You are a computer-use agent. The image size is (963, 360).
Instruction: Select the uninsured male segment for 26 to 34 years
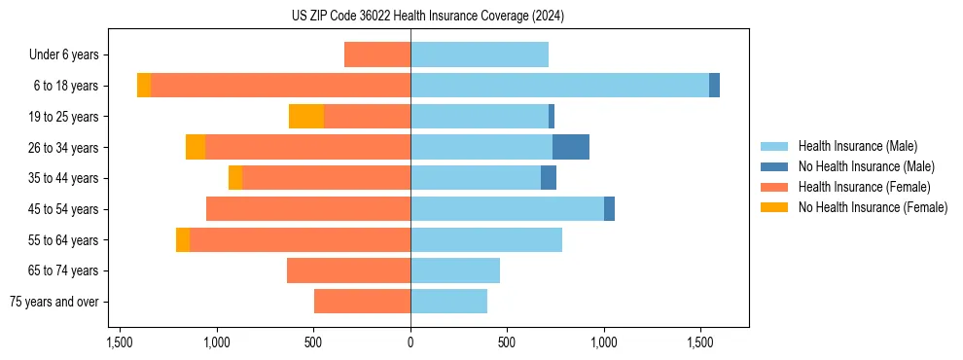point(571,147)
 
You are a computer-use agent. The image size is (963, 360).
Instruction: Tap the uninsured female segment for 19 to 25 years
point(306,117)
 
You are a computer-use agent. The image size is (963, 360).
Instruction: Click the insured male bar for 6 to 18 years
point(559,86)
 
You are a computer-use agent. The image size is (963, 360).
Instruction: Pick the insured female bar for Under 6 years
point(377,54)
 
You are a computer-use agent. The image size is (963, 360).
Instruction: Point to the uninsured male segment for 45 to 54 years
point(610,209)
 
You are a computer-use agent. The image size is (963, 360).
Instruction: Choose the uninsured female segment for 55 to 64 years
point(183,240)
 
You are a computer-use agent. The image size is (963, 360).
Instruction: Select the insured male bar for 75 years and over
point(448,302)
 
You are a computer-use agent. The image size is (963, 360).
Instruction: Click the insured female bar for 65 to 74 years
point(348,270)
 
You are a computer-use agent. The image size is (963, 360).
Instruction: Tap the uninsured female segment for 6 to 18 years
point(144,86)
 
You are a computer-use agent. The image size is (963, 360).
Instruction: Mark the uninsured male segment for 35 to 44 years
point(549,178)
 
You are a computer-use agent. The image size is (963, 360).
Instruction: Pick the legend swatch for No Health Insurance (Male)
point(774,166)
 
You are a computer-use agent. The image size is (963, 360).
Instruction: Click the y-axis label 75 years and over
point(53,302)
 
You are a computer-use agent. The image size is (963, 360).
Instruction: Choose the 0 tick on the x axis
point(410,342)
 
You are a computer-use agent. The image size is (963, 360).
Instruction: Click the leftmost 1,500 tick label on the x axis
point(120,342)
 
